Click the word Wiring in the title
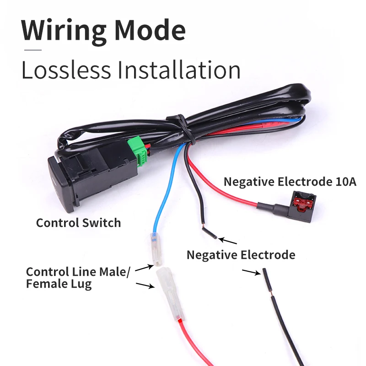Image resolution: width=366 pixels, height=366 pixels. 64,30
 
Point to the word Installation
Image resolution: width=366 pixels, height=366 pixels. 179,70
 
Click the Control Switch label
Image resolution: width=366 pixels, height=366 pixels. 78,223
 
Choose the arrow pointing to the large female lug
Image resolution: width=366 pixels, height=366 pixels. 145,285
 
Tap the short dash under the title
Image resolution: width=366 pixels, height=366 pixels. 32,49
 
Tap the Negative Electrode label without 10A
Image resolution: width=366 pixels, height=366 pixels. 241,255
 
